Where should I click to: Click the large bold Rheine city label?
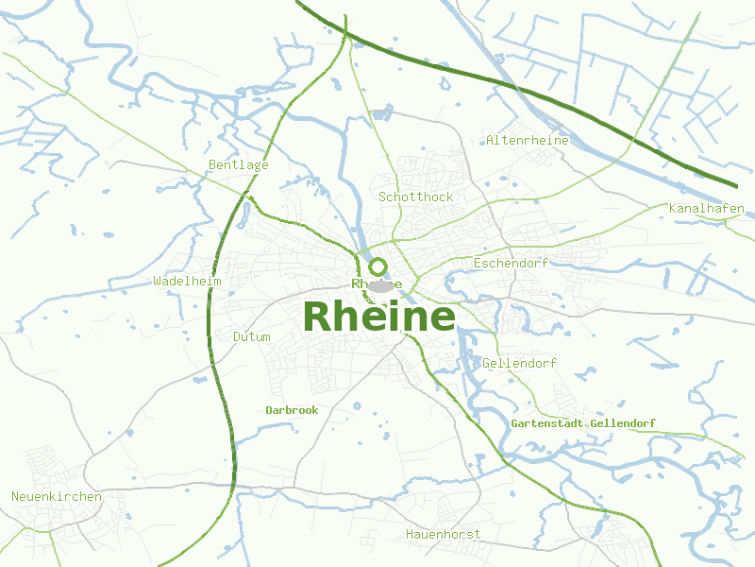379,317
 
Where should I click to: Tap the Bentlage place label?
238,164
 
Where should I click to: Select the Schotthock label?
415,197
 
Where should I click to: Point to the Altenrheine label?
528,140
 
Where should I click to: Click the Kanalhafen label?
706,208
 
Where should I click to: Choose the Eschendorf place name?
510,262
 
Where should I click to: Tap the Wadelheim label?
187,281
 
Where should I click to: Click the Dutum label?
251,336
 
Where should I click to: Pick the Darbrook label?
292,410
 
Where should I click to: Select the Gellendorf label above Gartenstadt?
519,363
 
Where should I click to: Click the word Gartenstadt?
545,423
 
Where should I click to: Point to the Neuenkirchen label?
57,496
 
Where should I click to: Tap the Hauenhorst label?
443,534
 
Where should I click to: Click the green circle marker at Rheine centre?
378,266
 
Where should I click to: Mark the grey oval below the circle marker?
381,285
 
